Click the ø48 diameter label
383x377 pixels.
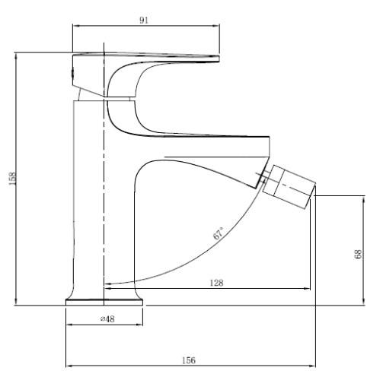click(107, 319)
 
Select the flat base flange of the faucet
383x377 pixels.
click(104, 303)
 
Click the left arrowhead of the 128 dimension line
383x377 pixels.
click(107, 289)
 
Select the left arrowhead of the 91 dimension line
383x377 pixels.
click(75, 24)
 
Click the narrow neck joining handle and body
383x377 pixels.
click(91, 93)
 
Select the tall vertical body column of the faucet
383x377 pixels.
click(88, 198)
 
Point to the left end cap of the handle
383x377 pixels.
click(73, 73)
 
